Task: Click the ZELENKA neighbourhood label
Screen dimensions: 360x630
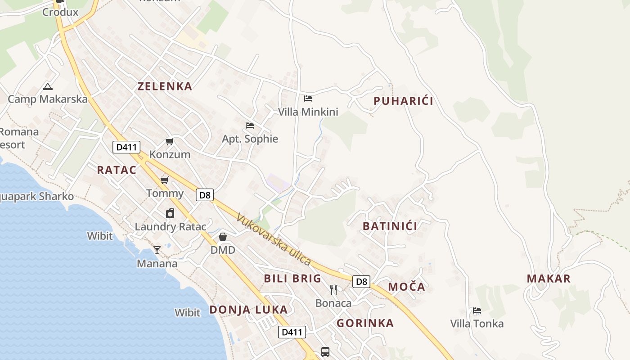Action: click(x=165, y=86)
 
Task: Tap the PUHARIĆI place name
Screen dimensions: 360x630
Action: click(x=404, y=101)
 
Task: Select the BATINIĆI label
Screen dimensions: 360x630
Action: click(x=390, y=226)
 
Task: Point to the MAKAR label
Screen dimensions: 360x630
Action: click(x=549, y=279)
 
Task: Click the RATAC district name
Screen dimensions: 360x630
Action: click(x=117, y=170)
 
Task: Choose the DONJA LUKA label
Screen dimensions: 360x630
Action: click(x=248, y=310)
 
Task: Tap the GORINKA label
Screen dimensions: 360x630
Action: click(x=365, y=323)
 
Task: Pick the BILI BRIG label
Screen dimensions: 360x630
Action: click(x=292, y=278)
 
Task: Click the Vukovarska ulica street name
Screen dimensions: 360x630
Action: click(x=274, y=239)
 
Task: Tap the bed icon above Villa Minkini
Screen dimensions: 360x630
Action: click(x=308, y=98)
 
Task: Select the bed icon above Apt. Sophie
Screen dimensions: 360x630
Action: click(x=250, y=125)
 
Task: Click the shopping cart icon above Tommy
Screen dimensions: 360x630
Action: click(x=165, y=180)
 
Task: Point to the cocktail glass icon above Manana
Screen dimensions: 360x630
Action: click(x=157, y=250)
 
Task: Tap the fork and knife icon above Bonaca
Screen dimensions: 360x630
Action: click(x=333, y=289)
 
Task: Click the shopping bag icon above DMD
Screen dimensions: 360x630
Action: click(x=223, y=237)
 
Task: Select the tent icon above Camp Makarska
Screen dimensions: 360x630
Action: click(x=48, y=86)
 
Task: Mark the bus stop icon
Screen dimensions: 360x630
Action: click(x=325, y=351)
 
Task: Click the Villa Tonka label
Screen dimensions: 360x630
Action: click(x=477, y=324)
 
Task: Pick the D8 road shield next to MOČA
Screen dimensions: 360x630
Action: click(x=361, y=282)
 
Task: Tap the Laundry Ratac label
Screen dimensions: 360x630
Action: click(x=171, y=227)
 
